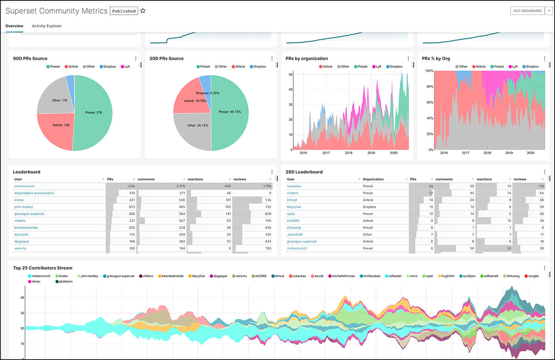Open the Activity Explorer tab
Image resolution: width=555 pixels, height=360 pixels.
pos(46,26)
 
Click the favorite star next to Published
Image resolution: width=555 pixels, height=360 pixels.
pos(143,11)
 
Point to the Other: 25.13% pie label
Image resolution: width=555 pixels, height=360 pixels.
pos(195,125)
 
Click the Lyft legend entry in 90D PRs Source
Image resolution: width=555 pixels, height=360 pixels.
pos(125,67)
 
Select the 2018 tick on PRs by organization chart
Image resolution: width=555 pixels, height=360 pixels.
pos(348,153)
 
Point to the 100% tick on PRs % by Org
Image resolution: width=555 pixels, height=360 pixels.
pos(428,71)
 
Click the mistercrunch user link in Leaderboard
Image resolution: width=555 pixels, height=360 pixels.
pos(25,186)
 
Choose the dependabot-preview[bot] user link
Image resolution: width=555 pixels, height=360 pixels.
pos(34,193)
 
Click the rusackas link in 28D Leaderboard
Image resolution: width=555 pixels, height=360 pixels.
pos(294,186)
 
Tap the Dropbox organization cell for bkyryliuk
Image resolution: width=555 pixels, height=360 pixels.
pos(370,207)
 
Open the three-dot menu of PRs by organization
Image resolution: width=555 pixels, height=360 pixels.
pos(408,59)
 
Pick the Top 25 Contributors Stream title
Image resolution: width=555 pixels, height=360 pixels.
pos(43,268)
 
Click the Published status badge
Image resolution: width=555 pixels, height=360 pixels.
pos(123,11)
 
